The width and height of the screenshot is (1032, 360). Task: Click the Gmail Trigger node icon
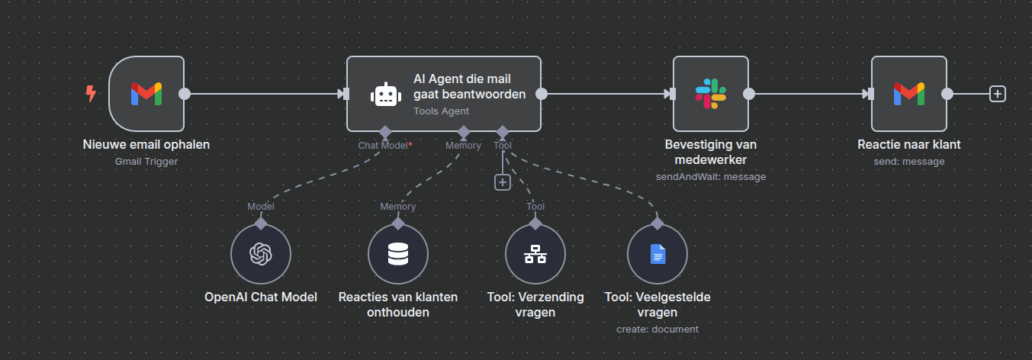[x=146, y=94]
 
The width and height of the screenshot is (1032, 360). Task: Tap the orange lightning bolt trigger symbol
[x=91, y=94]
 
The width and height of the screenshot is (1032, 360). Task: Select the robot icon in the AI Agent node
[x=385, y=94]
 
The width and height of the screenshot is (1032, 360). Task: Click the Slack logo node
[x=710, y=94]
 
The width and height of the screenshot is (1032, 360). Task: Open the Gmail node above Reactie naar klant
[x=908, y=94]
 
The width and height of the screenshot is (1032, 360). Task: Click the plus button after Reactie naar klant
[x=997, y=94]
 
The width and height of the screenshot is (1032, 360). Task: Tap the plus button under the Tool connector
[x=502, y=182]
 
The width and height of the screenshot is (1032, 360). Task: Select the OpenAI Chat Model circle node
[x=261, y=254]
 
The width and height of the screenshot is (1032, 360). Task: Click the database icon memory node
[x=398, y=254]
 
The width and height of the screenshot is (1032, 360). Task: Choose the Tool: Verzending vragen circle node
[x=535, y=254]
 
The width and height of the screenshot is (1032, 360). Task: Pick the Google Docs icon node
[x=657, y=254]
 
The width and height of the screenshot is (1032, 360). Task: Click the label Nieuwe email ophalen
[x=146, y=144]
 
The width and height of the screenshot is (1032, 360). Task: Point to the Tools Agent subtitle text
[x=441, y=111]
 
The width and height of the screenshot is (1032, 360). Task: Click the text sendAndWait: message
[x=710, y=176]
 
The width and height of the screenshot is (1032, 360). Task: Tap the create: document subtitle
[x=657, y=329]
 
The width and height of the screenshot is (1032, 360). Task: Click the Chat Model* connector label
[x=385, y=145]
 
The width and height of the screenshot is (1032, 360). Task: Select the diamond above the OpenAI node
[x=261, y=223]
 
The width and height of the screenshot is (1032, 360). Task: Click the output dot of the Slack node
[x=749, y=94]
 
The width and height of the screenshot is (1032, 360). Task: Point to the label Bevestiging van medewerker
[x=710, y=152]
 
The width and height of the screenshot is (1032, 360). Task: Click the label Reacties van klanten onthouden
[x=398, y=304]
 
